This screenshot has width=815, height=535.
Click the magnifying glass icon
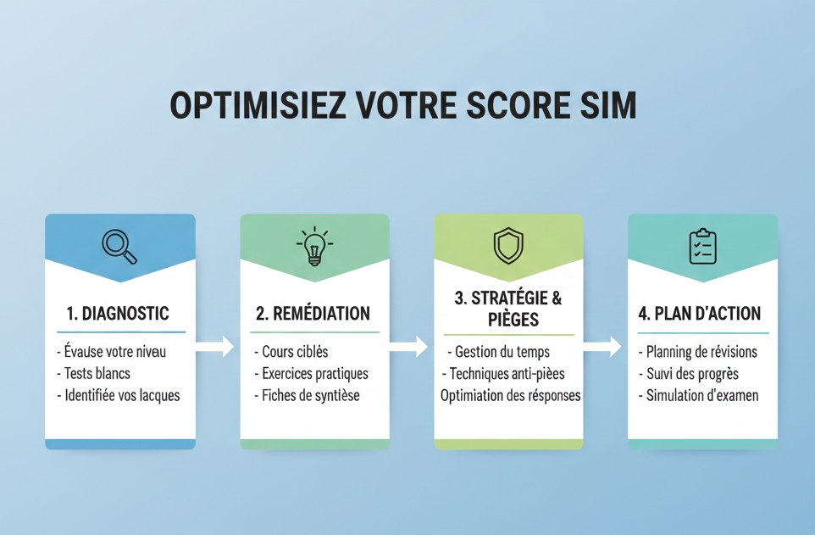[x=119, y=246]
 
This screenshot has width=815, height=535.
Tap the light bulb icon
[x=314, y=246]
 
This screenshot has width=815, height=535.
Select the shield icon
[x=508, y=246]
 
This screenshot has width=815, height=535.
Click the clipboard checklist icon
[x=702, y=246]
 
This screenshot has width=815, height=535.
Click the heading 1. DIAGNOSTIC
[x=118, y=314]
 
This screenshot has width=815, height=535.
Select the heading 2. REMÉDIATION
[x=313, y=314]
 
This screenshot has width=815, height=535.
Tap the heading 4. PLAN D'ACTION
[x=700, y=314]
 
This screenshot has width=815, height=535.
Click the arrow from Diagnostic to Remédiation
[x=215, y=346]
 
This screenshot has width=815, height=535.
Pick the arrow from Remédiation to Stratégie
[x=409, y=346]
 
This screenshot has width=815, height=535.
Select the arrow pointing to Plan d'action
[x=603, y=346]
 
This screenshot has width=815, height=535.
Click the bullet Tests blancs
[x=97, y=373]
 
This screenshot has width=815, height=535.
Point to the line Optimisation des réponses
[x=510, y=395]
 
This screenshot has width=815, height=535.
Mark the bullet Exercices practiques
[x=311, y=373]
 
